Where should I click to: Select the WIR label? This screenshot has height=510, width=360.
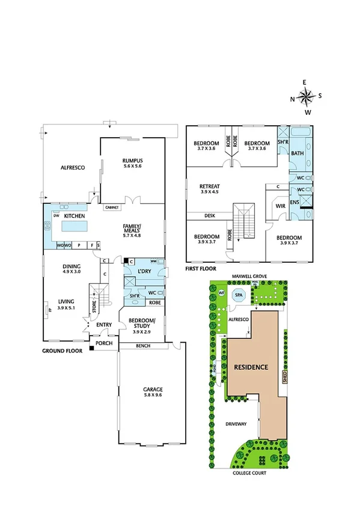point(279,206)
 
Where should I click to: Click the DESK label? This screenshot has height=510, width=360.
point(210,215)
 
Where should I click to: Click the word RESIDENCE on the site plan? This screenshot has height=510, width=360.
point(251,366)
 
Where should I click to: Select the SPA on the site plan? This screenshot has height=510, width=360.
point(239,296)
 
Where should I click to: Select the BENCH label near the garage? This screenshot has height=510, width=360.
point(143,346)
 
